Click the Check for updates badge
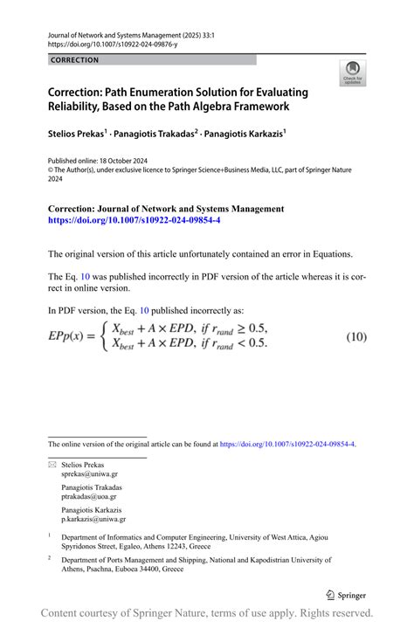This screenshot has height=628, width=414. tap(353, 74)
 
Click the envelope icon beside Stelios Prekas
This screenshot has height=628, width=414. tap(51, 466)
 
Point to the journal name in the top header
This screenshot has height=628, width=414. tap(114, 31)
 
